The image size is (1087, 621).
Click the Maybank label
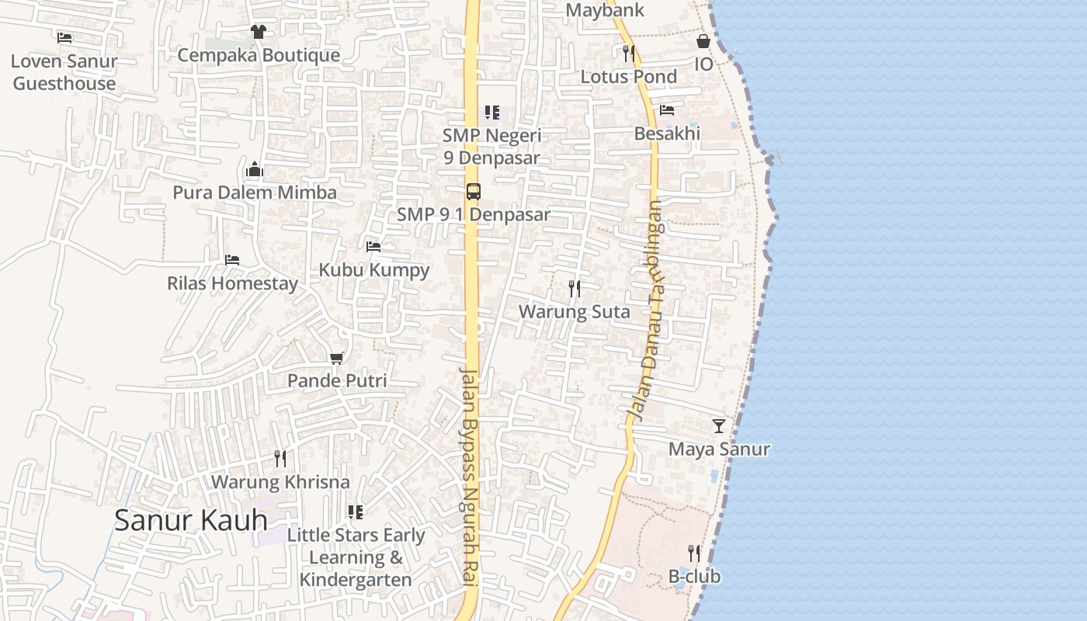click(x=605, y=10)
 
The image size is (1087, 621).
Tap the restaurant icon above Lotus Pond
click(x=629, y=53)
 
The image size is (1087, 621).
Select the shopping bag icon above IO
click(x=703, y=41)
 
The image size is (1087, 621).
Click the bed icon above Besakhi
click(x=667, y=110)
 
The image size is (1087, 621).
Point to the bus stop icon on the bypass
click(x=473, y=191)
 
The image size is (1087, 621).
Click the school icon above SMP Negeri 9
click(x=491, y=113)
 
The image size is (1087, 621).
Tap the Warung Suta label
click(x=574, y=312)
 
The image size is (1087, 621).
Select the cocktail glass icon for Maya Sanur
click(x=719, y=425)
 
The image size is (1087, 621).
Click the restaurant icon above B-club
click(x=694, y=553)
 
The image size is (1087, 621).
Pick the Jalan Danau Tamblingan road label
click(x=646, y=310)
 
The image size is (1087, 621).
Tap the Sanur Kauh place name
click(x=191, y=520)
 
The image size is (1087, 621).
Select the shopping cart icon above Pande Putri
click(x=336, y=358)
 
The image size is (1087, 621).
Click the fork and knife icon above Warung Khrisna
click(x=280, y=459)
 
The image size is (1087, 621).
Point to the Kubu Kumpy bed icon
click(x=373, y=247)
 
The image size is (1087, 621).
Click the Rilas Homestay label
click(x=232, y=283)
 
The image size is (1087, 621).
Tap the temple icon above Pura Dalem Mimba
click(x=255, y=170)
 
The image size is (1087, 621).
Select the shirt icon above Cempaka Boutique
click(x=259, y=32)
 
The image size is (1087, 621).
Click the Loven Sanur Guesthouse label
click(x=64, y=72)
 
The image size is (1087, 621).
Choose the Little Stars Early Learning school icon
click(x=356, y=512)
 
